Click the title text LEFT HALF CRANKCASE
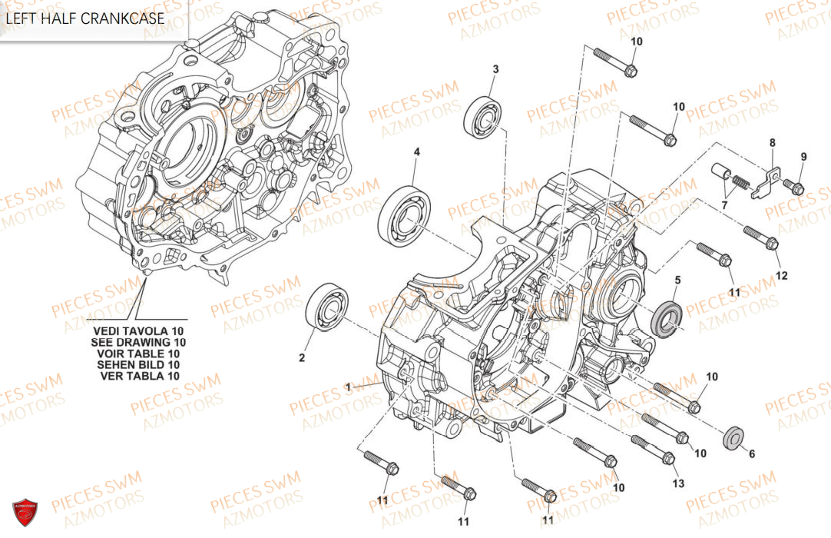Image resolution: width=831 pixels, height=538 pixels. click(x=85, y=18)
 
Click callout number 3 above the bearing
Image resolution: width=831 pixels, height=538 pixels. click(x=495, y=69)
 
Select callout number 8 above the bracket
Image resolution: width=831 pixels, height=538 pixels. click(x=773, y=142)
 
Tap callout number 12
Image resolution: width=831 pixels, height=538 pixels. click(x=781, y=275)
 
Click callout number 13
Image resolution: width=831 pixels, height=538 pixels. click(x=677, y=483)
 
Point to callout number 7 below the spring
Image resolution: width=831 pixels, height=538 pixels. click(x=723, y=205)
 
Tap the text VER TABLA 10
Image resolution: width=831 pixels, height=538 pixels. click(x=140, y=377)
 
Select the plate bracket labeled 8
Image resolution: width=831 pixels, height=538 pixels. click(x=765, y=181)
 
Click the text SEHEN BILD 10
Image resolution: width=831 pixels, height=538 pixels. click(x=139, y=365)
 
